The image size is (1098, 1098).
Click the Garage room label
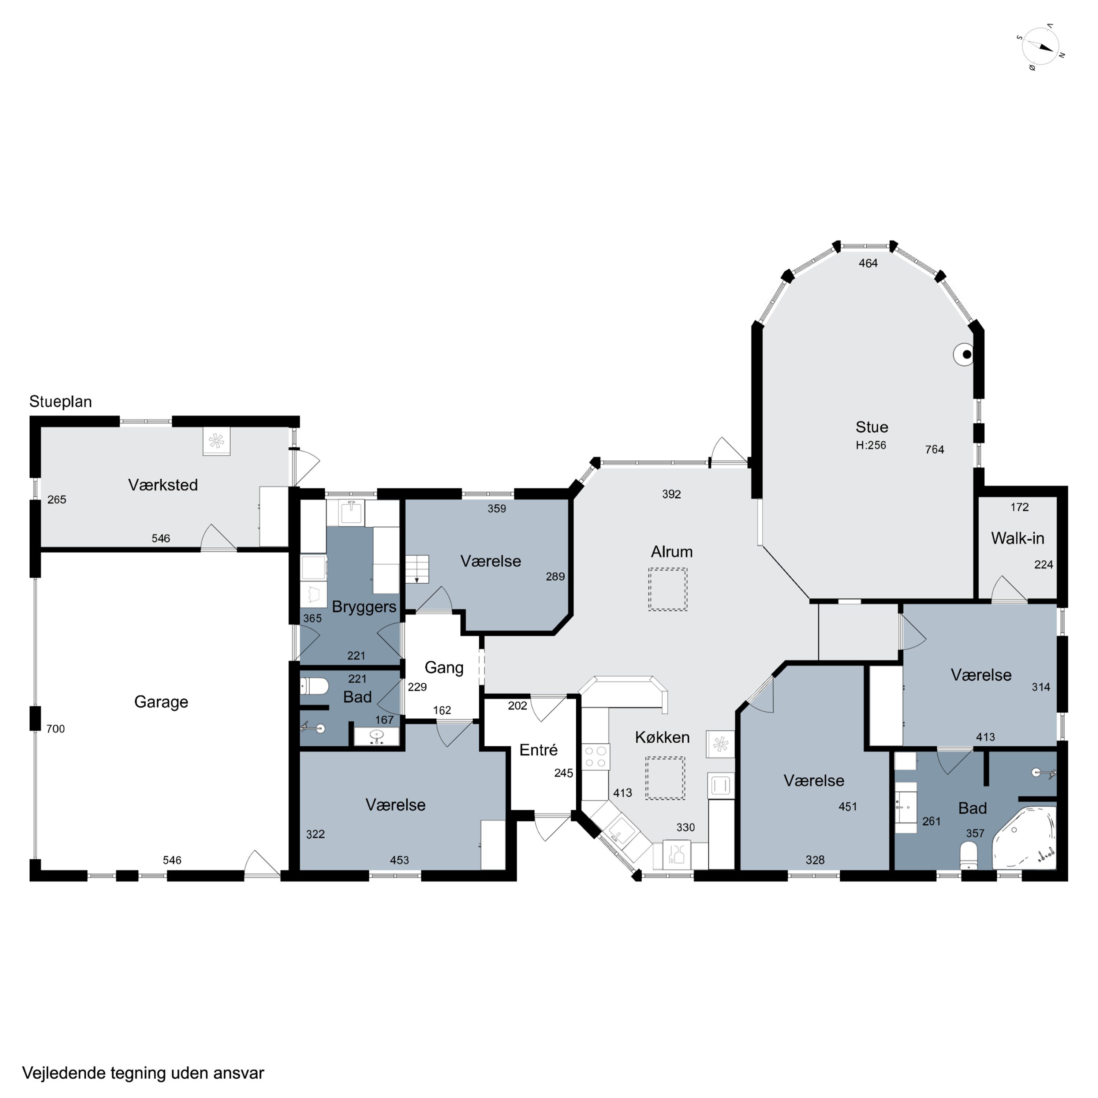pyautogui.click(x=161, y=702)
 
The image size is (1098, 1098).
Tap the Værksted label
pyautogui.click(x=163, y=485)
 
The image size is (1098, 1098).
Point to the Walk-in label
pyautogui.click(x=1017, y=538)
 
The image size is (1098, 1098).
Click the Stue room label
pyautogui.click(x=872, y=427)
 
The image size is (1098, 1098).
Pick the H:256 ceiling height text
pyautogui.click(x=871, y=445)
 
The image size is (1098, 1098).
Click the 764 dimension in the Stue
pyautogui.click(x=934, y=449)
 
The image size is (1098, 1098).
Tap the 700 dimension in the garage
pyautogui.click(x=56, y=729)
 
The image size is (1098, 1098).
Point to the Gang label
pyautogui.click(x=444, y=668)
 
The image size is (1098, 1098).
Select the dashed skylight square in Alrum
pyautogui.click(x=668, y=589)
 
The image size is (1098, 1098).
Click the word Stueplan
pyautogui.click(x=60, y=402)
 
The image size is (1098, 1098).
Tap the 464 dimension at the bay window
pyautogui.click(x=868, y=263)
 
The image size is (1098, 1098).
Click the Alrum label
pyautogui.click(x=672, y=552)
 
